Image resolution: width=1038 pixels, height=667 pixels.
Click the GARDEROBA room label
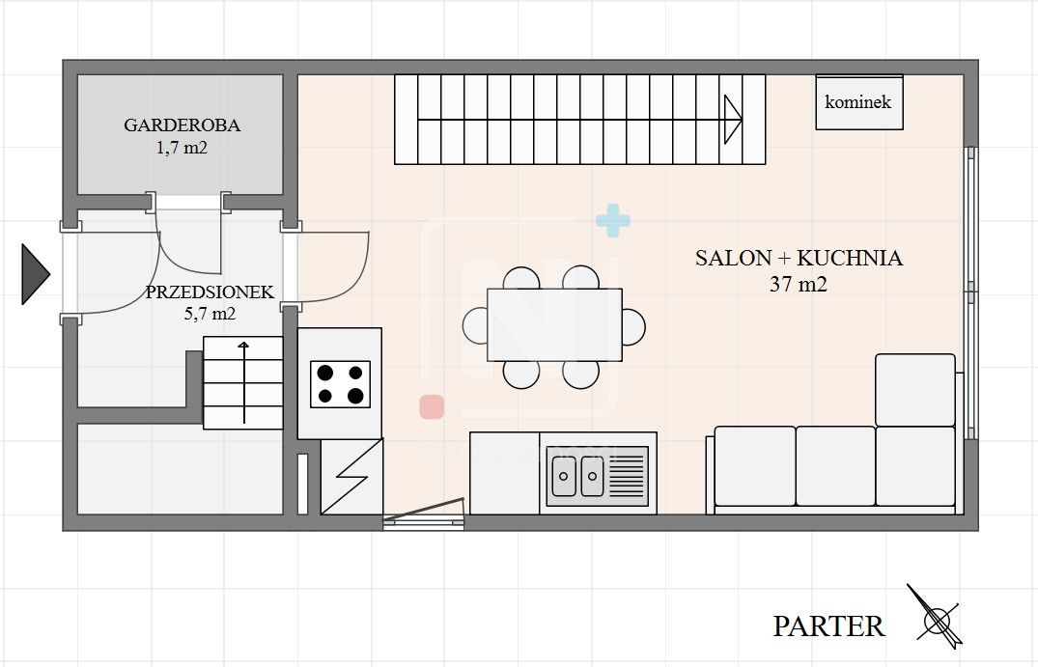pyautogui.click(x=182, y=125)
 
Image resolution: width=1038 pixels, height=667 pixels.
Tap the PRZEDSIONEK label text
pyautogui.click(x=210, y=292)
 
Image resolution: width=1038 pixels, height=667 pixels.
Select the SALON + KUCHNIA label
pyautogui.click(x=800, y=258)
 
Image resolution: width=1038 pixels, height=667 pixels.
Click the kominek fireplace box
pyautogui.click(x=859, y=102)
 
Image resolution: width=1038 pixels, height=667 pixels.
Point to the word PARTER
pyautogui.click(x=828, y=625)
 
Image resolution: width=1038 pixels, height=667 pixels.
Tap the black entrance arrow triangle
pyautogui.click(x=35, y=274)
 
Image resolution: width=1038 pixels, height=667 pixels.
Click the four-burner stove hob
pyautogui.click(x=340, y=384)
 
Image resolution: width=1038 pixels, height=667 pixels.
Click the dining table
pyautogui.click(x=555, y=325)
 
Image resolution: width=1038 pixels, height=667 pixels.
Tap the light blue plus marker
pyautogui.click(x=613, y=220)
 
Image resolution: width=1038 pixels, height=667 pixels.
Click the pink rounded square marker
pyautogui.click(x=432, y=407)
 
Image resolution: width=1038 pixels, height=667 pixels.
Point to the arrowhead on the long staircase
pyautogui.click(x=732, y=119)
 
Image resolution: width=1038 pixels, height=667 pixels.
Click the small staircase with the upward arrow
pyautogui.click(x=243, y=382)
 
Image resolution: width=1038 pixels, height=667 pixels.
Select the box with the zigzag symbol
pyautogui.click(x=352, y=477)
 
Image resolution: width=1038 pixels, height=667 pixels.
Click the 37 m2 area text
pyautogui.click(x=799, y=284)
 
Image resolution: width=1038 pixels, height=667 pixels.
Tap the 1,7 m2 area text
pyautogui.click(x=182, y=148)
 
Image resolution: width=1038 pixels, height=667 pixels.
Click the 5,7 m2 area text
pyautogui.click(x=210, y=314)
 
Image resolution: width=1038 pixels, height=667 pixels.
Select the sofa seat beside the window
pyautogui.click(x=915, y=390)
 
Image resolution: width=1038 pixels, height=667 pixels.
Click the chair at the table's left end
pyautogui.click(x=475, y=325)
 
